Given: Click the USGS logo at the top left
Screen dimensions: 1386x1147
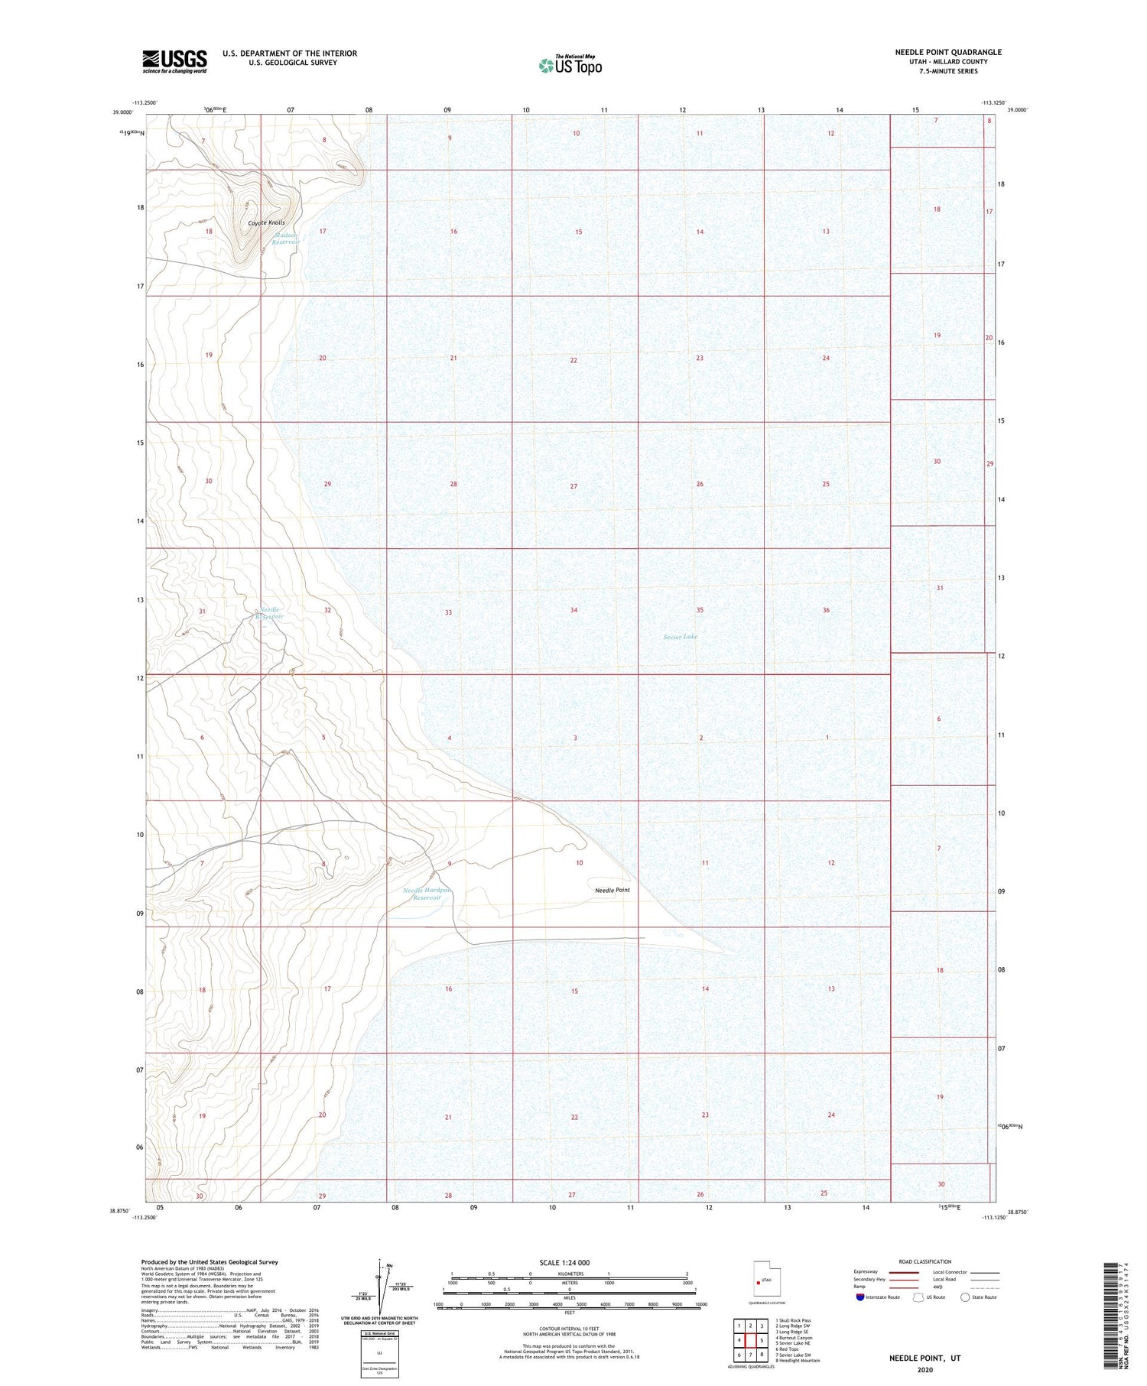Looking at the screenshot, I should coord(174,61).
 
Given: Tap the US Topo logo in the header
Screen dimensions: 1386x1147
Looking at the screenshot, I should coord(570,65).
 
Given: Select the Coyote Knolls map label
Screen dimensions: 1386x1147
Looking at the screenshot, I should coord(266,223).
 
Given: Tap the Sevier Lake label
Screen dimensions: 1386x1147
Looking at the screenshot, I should coord(680,637).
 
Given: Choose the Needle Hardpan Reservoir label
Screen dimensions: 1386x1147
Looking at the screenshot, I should coord(427,894).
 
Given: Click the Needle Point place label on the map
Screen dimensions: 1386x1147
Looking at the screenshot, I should coord(612,890).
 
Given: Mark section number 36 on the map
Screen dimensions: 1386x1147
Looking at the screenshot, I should coord(826,610).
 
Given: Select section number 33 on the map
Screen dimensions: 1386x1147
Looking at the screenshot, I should coord(448,612).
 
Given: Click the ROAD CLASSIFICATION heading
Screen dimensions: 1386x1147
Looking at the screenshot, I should coord(924,1261).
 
